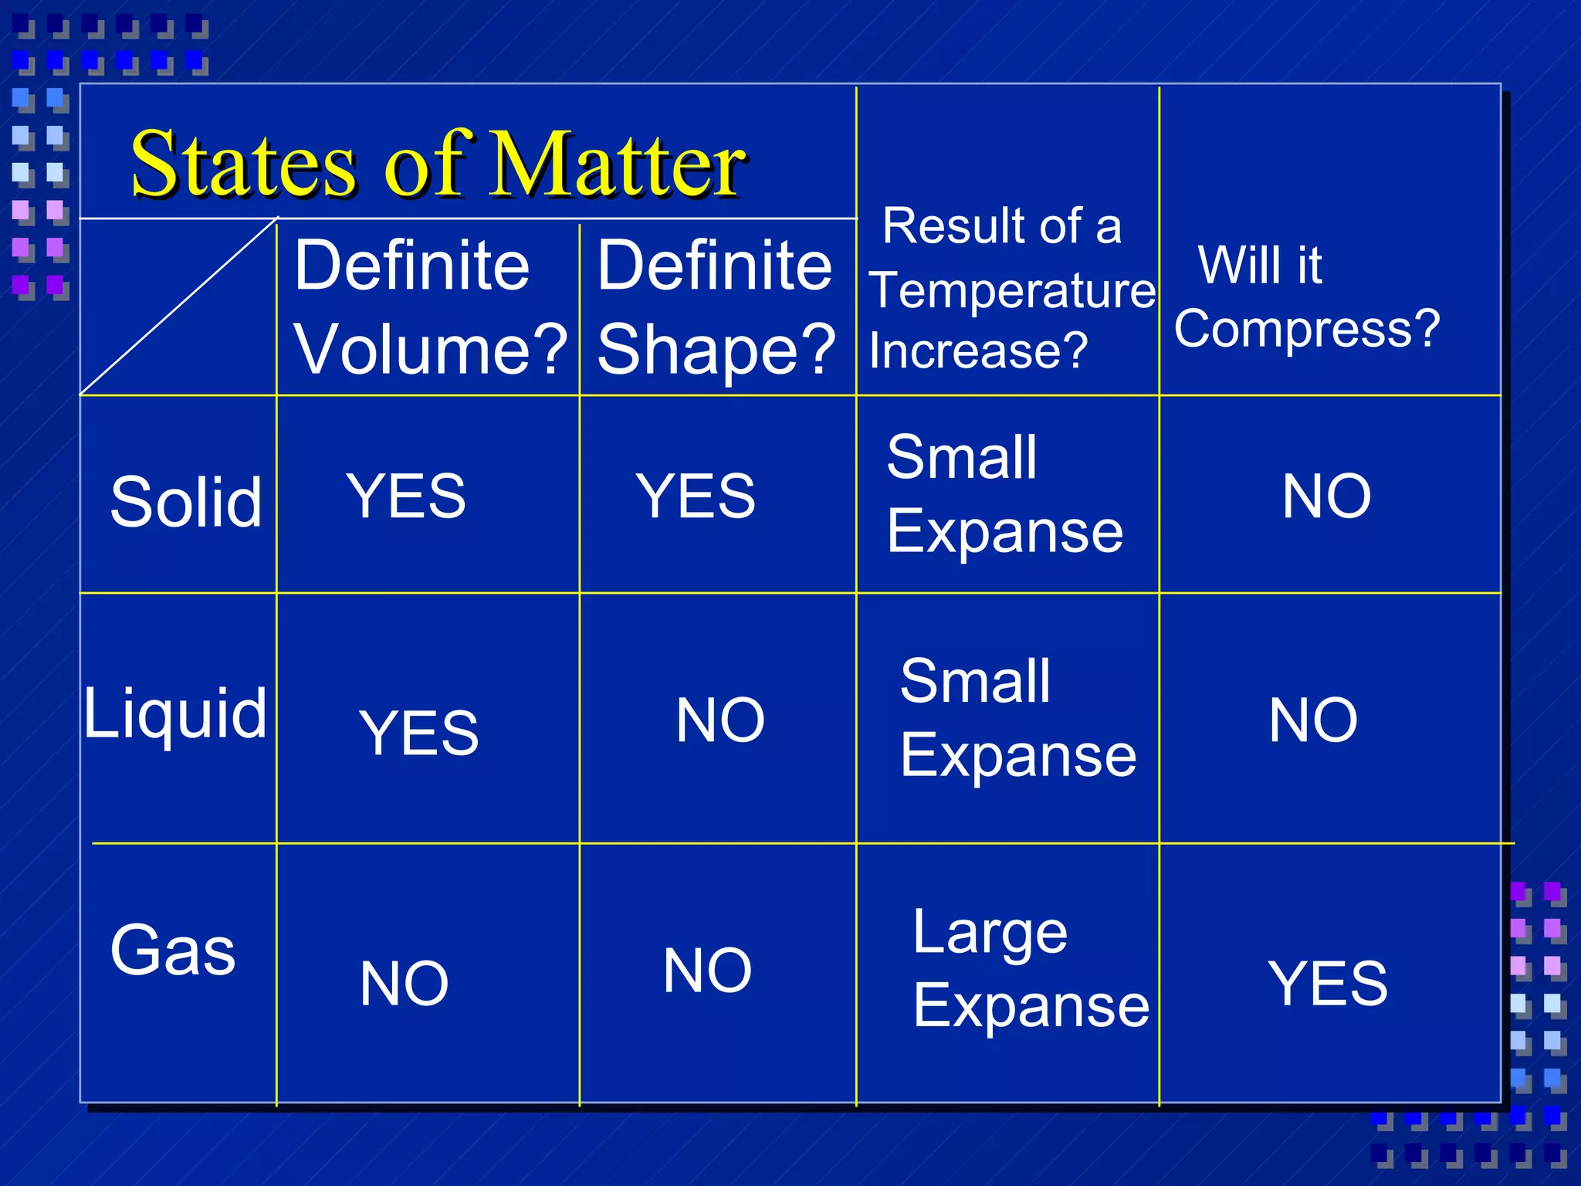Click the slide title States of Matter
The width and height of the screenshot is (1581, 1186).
pyautogui.click(x=438, y=164)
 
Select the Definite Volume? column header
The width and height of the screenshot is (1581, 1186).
pyautogui.click(x=429, y=307)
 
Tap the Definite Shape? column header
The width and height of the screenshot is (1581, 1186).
pyautogui.click(x=716, y=307)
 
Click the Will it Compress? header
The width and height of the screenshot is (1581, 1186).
pyautogui.click(x=1306, y=297)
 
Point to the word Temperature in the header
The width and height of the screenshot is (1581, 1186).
pyautogui.click(x=1012, y=290)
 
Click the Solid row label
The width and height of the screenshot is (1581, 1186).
pyautogui.click(x=186, y=502)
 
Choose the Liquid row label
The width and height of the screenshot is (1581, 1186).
pyautogui.click(x=175, y=713)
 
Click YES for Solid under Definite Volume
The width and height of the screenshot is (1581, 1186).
pyautogui.click(x=406, y=496)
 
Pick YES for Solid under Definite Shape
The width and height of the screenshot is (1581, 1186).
pyautogui.click(x=695, y=496)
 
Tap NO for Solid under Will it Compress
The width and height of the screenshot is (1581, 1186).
pyautogui.click(x=1326, y=496)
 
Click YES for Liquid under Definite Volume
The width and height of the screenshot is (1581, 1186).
pyautogui.click(x=418, y=732)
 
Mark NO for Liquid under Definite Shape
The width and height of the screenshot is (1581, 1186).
pyautogui.click(x=719, y=720)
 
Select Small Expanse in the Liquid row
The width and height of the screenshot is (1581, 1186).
pyautogui.click(x=1017, y=718)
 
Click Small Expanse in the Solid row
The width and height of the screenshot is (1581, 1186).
pyautogui.click(x=1004, y=494)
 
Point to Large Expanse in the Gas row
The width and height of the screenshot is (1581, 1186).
pyautogui.click(x=1030, y=969)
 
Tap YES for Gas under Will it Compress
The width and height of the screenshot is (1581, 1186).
pyautogui.click(x=1328, y=983)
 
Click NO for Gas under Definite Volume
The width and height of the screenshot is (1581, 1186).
pyautogui.click(x=404, y=983)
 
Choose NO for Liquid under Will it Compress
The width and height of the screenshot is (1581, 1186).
pyautogui.click(x=1313, y=720)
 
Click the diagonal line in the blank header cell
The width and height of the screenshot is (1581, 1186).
pyautogui.click(x=179, y=307)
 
